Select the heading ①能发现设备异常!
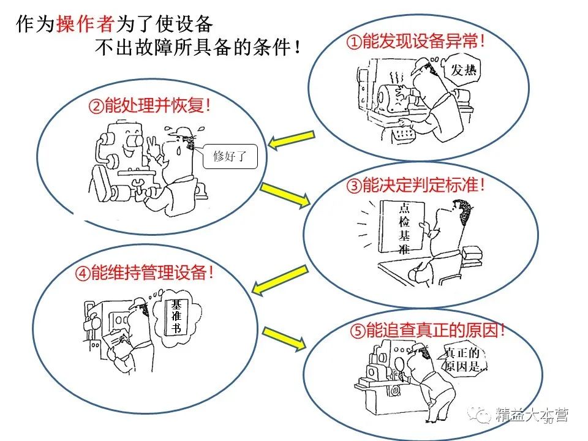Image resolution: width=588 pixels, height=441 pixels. [x=417, y=42]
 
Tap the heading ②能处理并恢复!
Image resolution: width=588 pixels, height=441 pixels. [x=150, y=106]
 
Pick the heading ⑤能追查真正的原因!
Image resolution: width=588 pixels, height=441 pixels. [x=428, y=331]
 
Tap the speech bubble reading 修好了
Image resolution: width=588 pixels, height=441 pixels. [x=228, y=156]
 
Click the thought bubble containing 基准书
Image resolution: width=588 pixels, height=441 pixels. [x=176, y=317]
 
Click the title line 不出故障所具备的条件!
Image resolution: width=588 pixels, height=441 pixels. [x=198, y=47]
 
